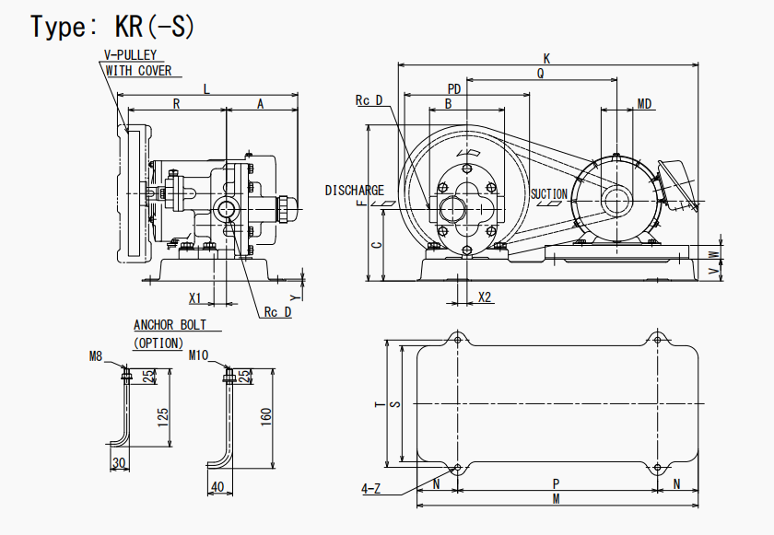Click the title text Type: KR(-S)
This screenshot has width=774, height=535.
(113, 27)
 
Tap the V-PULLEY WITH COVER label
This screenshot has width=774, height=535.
(138, 63)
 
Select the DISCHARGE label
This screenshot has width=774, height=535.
(355, 191)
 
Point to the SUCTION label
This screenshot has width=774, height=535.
(549, 194)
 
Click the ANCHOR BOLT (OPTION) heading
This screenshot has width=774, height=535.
(170, 333)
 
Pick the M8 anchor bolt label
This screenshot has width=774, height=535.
(95, 355)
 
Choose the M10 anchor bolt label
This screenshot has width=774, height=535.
(199, 355)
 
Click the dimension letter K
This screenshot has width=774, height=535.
(547, 58)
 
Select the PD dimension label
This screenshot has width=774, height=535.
(454, 88)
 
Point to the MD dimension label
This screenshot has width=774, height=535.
(645, 104)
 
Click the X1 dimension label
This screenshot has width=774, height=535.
(195, 298)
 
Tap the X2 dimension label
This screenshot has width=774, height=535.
(486, 297)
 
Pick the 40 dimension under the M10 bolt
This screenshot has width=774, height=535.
(217, 487)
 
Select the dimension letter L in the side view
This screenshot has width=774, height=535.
(206, 88)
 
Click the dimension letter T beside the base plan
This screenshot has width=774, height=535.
(378, 402)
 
